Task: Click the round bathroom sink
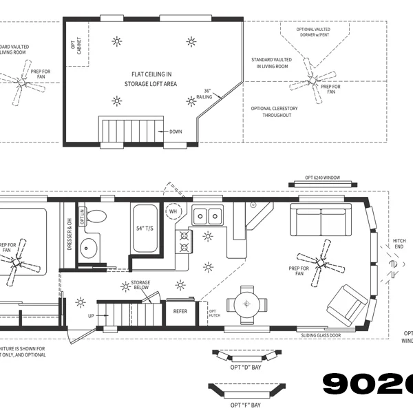coord(88,247)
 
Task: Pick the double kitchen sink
coord(206,216)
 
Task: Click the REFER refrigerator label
coord(180,311)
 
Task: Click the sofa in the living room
coord(319,219)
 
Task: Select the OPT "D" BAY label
coord(247,367)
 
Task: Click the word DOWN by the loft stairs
coord(176,131)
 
